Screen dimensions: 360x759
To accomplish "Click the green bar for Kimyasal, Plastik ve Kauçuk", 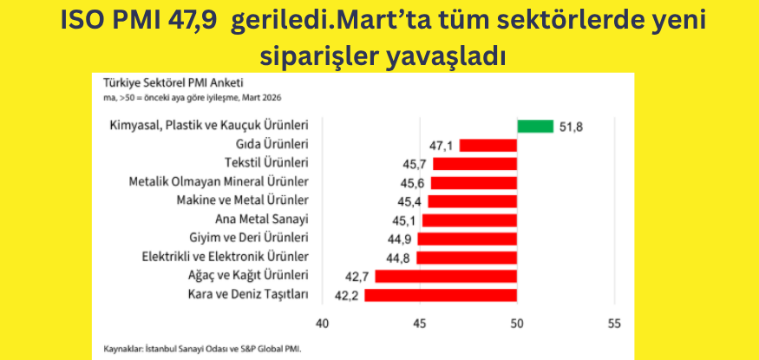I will (535, 127).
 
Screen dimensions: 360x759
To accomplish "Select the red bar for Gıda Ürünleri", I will (488, 145).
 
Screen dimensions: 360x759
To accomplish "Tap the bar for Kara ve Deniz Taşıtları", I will (441, 295).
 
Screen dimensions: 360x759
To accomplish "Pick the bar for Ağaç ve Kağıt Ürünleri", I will (446, 276).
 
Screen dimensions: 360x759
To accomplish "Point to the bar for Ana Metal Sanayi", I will (469, 219).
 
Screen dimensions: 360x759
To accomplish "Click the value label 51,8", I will (571, 127).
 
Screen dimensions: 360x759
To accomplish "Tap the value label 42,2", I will (348, 296).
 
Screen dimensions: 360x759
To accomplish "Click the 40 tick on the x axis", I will (323, 324).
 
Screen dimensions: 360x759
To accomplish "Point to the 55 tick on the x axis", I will (614, 324).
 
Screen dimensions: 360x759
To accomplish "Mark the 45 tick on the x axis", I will (420, 324).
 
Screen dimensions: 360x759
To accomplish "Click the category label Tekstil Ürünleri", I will (266, 163).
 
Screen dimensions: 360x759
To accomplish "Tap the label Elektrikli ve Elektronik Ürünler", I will (225, 258).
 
